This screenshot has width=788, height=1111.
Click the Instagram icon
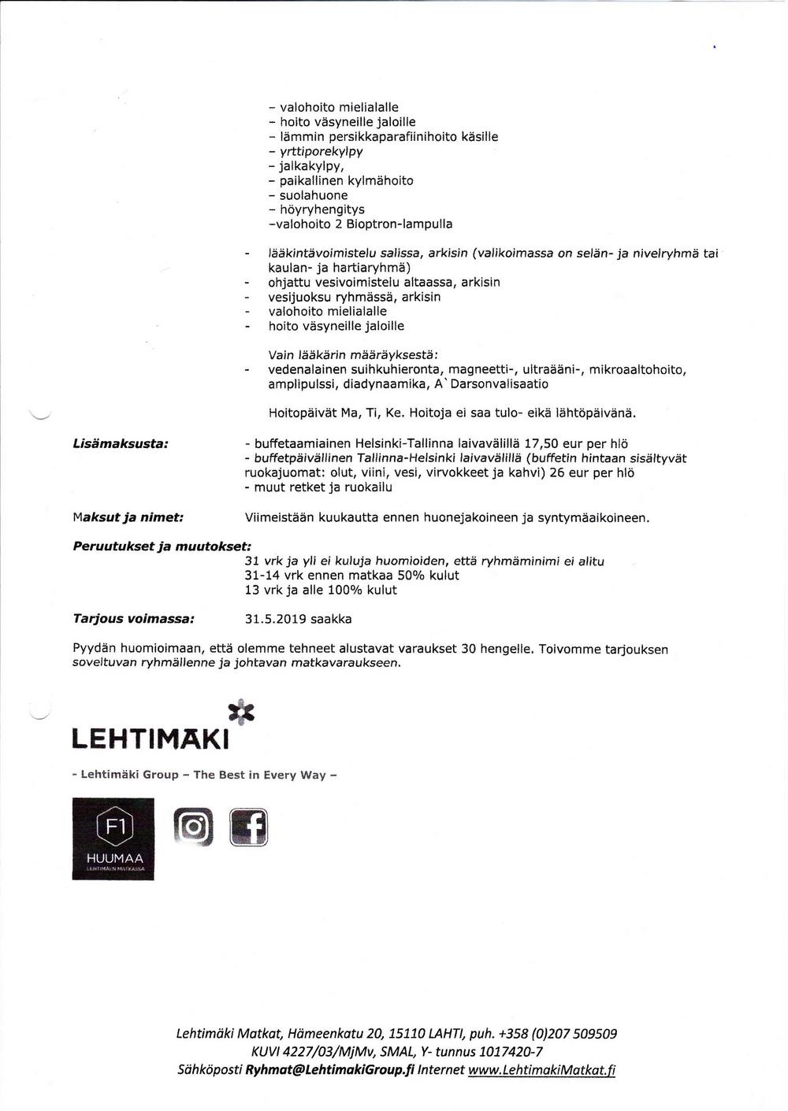pyautogui.click(x=193, y=828)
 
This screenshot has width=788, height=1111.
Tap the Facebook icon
pyautogui.click(x=248, y=828)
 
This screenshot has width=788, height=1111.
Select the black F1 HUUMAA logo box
pyautogui.click(x=113, y=839)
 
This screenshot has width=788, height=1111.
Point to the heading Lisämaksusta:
pyautogui.click(x=120, y=444)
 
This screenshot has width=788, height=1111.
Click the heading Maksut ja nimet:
pyautogui.click(x=128, y=517)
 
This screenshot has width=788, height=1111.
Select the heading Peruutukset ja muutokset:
pyautogui.click(x=162, y=546)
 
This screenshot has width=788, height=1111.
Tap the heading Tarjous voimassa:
pyautogui.click(x=133, y=619)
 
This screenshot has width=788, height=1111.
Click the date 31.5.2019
pyautogui.click(x=275, y=619)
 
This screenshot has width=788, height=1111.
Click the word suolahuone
pyautogui.click(x=314, y=195)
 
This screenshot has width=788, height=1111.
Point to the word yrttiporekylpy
pyautogui.click(x=321, y=151)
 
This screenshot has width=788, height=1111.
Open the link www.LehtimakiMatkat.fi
pyautogui.click(x=541, y=1070)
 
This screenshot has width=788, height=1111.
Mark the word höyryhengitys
pyautogui.click(x=322, y=209)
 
